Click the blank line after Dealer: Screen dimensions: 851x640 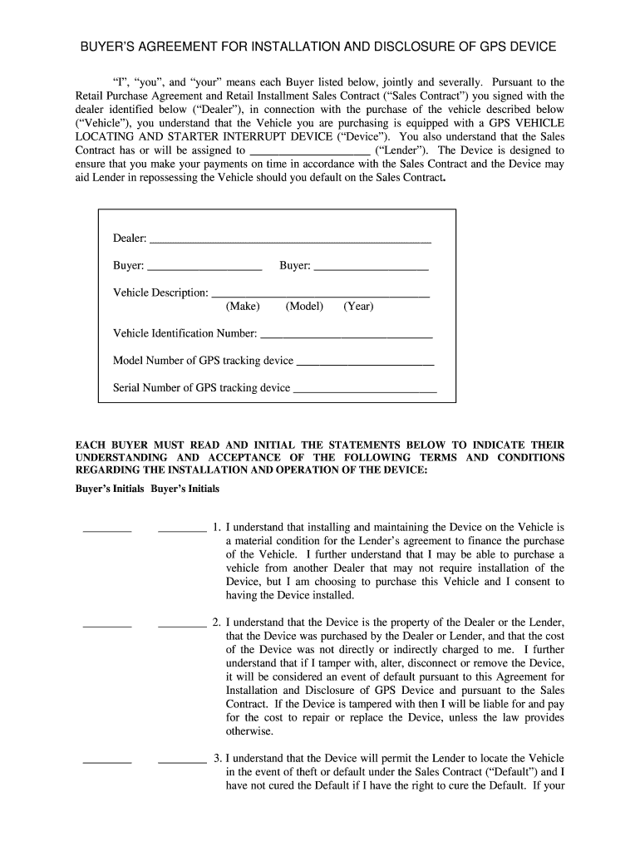pos(290,240)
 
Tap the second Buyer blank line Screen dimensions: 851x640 pos(372,268)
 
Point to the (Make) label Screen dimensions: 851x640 pos(243,307)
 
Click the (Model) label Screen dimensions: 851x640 pos(304,307)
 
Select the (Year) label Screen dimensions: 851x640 pos(358,307)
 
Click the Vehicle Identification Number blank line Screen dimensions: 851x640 pos(347,337)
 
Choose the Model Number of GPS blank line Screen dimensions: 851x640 pos(365,363)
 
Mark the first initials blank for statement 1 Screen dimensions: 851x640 pos(107,529)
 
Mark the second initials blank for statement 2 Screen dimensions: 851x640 pos(182,623)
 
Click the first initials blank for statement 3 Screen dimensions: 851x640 pos(107,760)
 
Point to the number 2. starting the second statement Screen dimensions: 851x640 pos(217,622)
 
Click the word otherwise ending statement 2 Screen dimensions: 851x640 pos(249,731)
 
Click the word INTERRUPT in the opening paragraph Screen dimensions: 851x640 pos(246,136)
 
